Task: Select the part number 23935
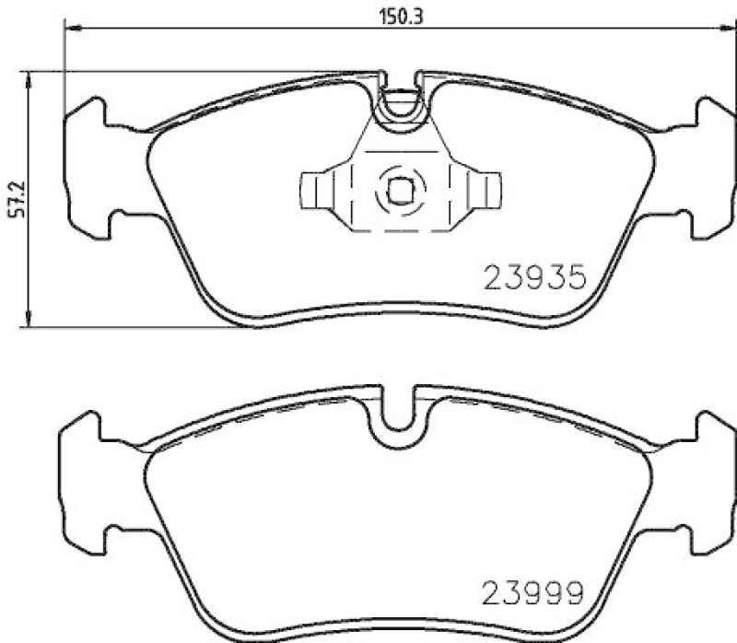[534, 276]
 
